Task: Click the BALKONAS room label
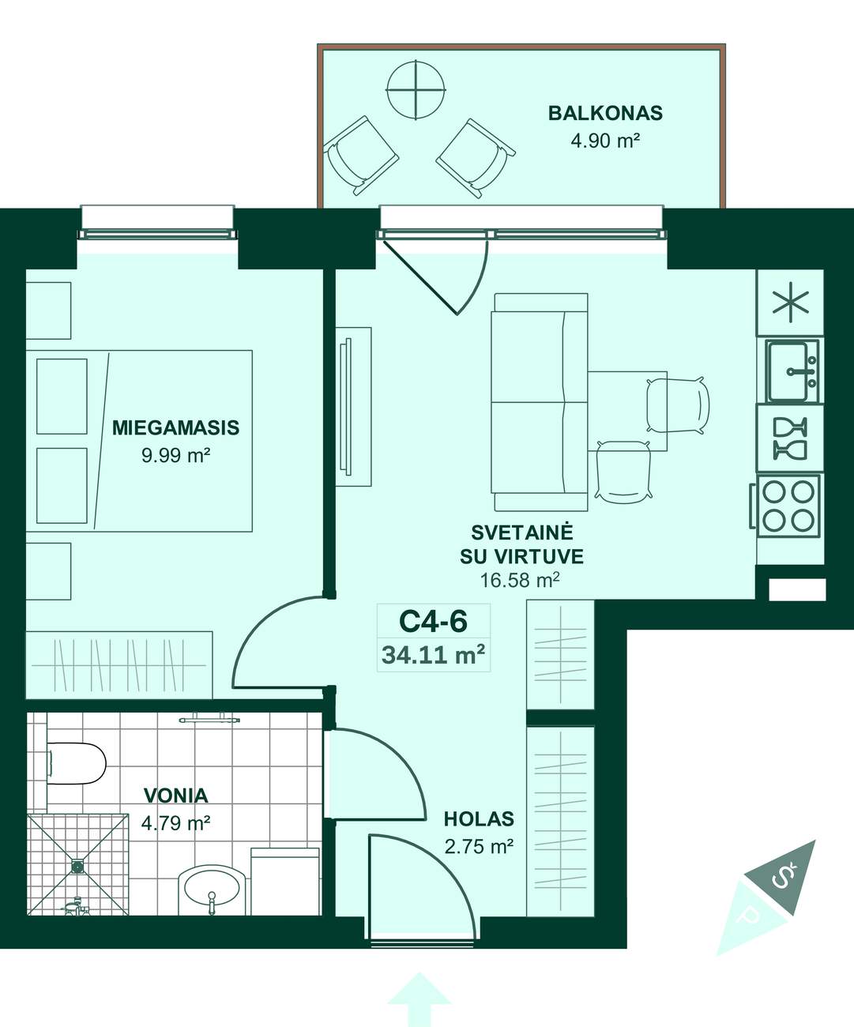click(605, 113)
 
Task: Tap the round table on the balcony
click(416, 89)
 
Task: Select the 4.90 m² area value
click(605, 141)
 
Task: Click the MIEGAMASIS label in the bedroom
click(175, 427)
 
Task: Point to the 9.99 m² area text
click(175, 456)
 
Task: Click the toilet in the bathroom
click(77, 763)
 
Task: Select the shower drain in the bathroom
click(77, 865)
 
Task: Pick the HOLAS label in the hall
click(479, 819)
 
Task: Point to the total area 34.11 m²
click(433, 655)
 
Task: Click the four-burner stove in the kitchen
click(788, 506)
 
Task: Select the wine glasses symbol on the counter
click(790, 439)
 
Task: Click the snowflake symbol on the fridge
click(790, 303)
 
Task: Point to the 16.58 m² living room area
click(520, 581)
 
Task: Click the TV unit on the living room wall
click(353, 407)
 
